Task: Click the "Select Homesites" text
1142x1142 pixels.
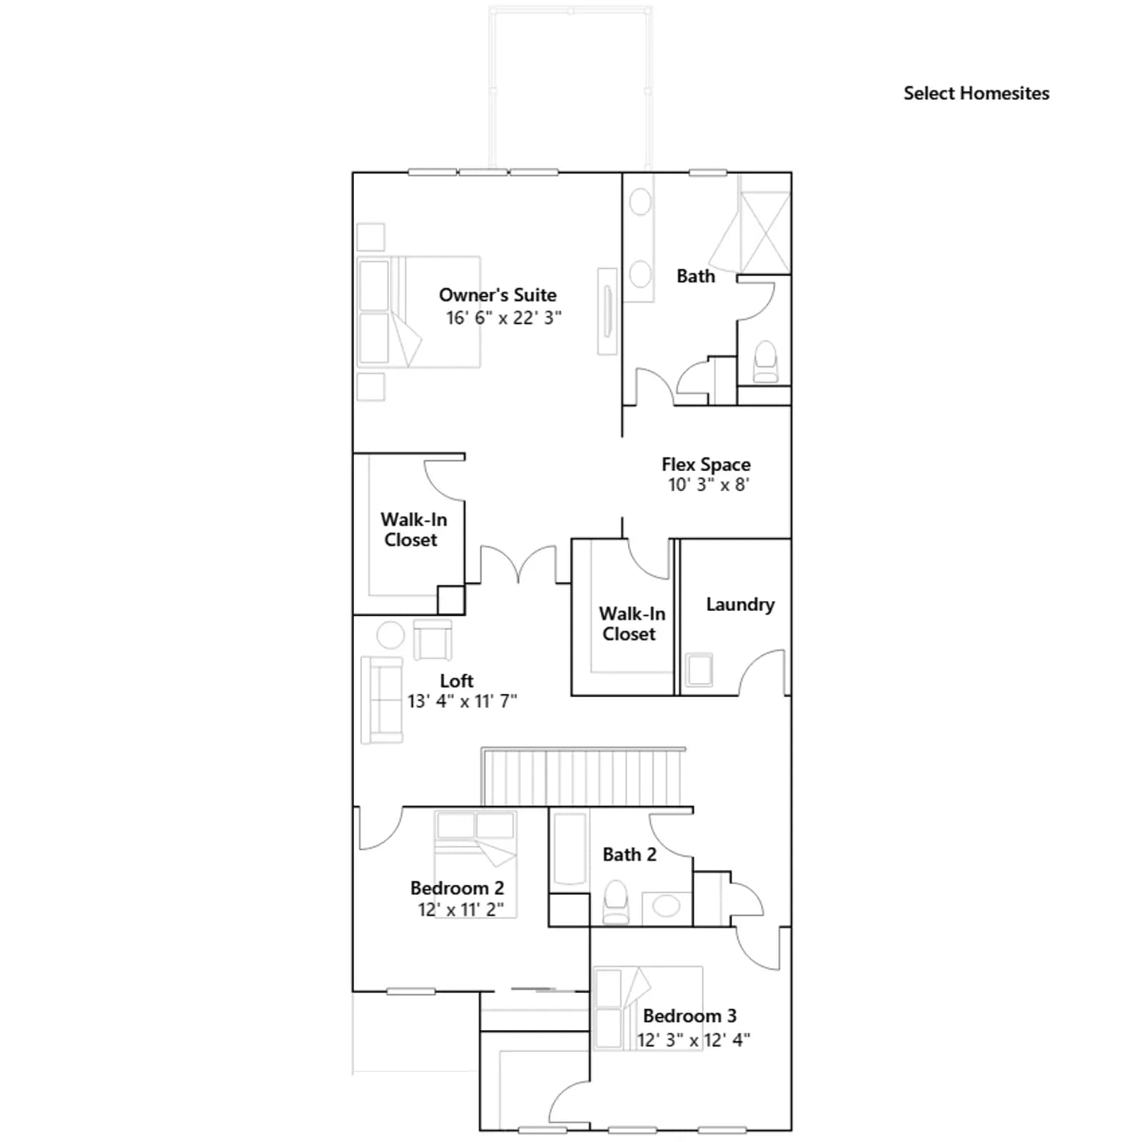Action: (976, 94)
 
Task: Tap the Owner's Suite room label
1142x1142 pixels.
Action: (497, 295)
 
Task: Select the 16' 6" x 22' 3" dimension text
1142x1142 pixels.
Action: (504, 318)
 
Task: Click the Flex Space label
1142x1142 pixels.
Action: (706, 465)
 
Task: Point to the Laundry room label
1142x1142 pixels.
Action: (740, 605)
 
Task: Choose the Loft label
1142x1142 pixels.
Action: (457, 681)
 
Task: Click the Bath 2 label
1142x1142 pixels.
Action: (630, 854)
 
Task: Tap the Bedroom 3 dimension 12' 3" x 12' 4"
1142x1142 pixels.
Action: (694, 1040)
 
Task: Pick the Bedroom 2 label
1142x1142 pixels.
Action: (457, 888)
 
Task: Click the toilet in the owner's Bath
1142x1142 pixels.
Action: (766, 362)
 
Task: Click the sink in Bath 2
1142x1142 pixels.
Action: (667, 906)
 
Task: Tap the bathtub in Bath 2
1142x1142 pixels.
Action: (570, 849)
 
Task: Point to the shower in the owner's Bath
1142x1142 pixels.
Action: (764, 223)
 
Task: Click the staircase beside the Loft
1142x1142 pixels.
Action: (583, 777)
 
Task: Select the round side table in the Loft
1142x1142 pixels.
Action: (390, 635)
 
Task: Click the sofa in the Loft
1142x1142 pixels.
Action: (382, 700)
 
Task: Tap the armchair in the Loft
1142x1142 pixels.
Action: (433, 640)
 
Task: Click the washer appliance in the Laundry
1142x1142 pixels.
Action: (699, 670)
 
